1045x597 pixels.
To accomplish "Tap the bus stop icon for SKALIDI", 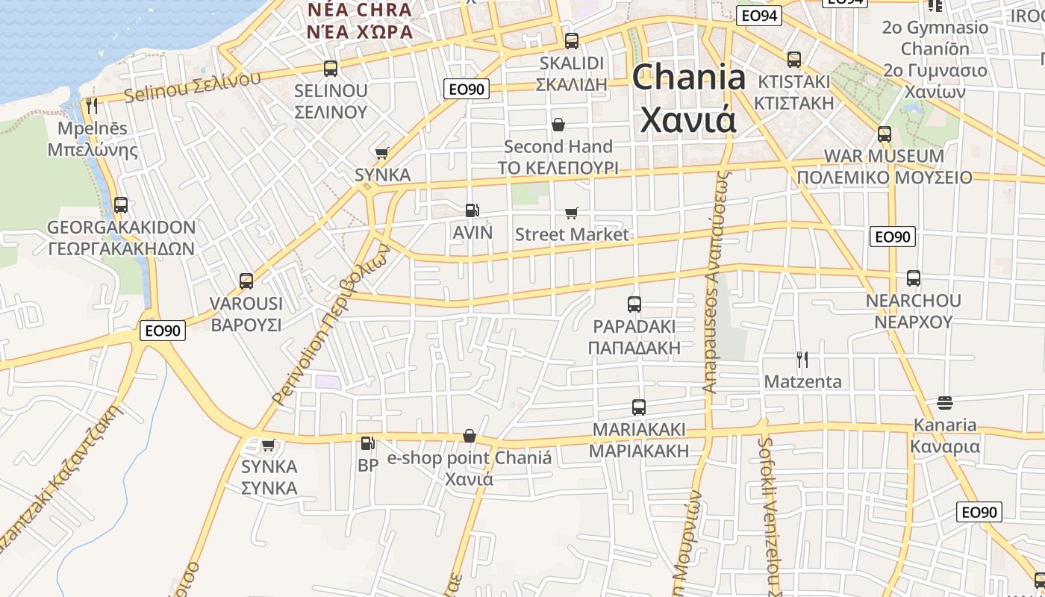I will pos(572,41).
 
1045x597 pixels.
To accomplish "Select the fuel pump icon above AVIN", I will pos(472,210).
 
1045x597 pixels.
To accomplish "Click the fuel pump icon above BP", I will pos(367,443).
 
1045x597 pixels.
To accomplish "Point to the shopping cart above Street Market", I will pos(572,213).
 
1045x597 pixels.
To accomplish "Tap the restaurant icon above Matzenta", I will pos(802,360).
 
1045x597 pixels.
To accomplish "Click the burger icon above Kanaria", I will pos(944,403).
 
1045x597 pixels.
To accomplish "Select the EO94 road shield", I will pos(758,16).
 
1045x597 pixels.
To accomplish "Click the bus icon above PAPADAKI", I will pos(634,304).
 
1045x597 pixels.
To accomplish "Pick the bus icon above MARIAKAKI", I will pos(639,407).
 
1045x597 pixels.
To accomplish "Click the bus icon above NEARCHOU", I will pos(913,278).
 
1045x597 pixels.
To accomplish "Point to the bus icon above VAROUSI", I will pos(246,281).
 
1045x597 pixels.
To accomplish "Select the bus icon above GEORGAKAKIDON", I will pos(120,204).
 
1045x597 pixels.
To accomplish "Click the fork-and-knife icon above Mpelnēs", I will pos(92,106).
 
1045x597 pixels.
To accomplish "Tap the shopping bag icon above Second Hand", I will pos(558,124).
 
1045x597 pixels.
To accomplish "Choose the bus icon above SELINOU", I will pos(331,69).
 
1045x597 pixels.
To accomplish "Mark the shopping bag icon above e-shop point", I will pos(470,436).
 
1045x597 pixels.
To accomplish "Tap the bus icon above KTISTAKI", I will pos(793,59).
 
